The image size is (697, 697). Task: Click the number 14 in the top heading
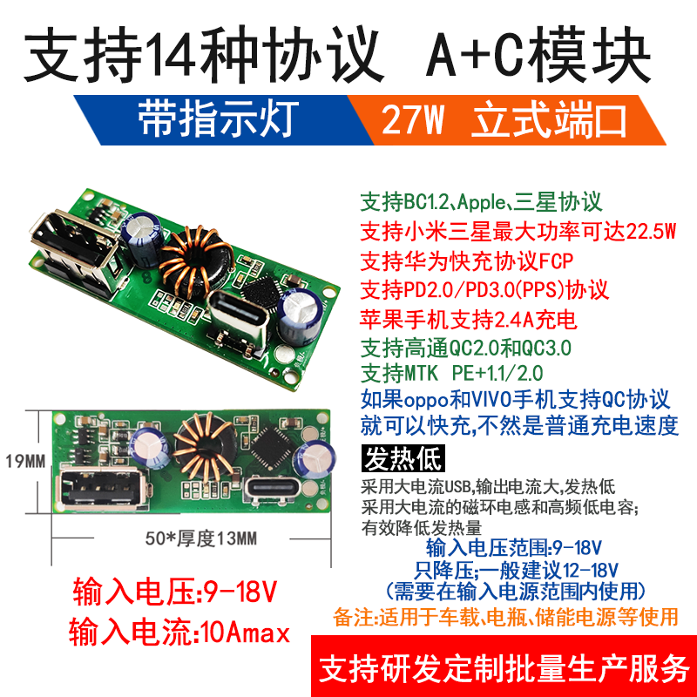tap(171, 55)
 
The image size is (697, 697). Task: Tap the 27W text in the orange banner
tap(412, 120)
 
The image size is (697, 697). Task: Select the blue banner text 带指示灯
tap(218, 118)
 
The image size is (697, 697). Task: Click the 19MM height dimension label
tap(25, 462)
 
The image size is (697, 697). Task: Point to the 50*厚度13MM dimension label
tap(201, 538)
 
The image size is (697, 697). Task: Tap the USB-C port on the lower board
tap(273, 489)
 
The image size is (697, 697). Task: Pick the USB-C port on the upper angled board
tap(238, 313)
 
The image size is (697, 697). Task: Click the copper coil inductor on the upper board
tap(195, 262)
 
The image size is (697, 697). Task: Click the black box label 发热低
tap(403, 459)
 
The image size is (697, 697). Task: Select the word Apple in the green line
tap(481, 203)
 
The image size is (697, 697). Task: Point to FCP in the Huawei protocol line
tap(556, 261)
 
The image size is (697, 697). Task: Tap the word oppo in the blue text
tap(426, 400)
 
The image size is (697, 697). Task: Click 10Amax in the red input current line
tap(245, 633)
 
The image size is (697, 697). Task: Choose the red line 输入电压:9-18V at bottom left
tap(175, 592)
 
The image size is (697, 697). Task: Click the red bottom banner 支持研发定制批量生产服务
tap(504, 668)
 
